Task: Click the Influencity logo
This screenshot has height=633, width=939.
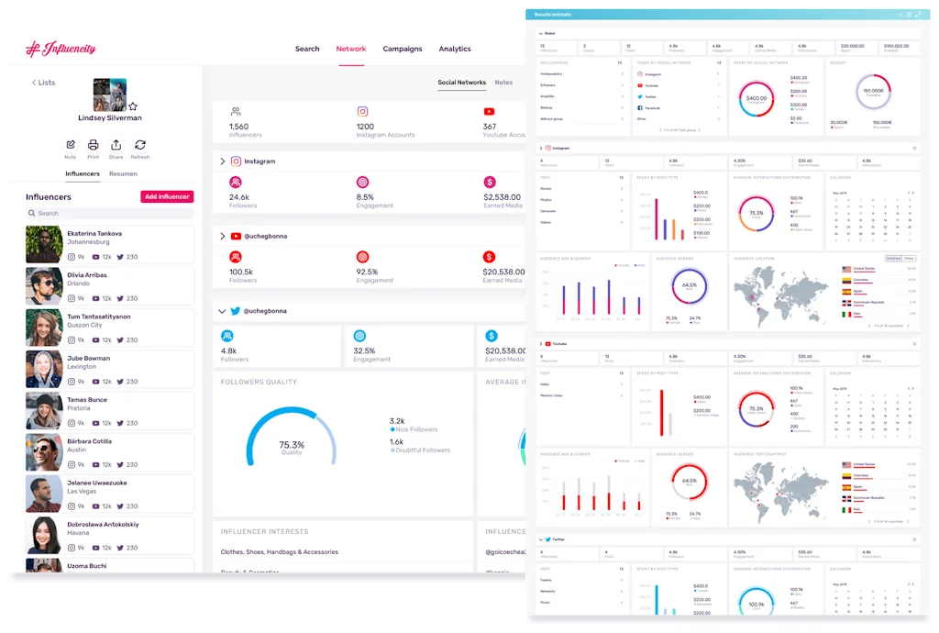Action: pyautogui.click(x=61, y=49)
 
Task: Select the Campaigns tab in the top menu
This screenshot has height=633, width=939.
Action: pyautogui.click(x=403, y=50)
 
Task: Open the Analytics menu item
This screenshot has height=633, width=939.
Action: pyautogui.click(x=455, y=50)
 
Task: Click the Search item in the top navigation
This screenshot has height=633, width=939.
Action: pyautogui.click(x=307, y=50)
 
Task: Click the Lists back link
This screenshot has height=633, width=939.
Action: pyautogui.click(x=43, y=83)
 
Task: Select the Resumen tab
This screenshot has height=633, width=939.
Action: pyautogui.click(x=123, y=173)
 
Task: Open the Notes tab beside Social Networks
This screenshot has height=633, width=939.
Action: pyautogui.click(x=503, y=83)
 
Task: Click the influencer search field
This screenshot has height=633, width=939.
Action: pyautogui.click(x=110, y=213)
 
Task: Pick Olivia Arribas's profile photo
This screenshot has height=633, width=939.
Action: pyautogui.click(x=44, y=285)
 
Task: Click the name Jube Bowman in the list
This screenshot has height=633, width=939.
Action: pyautogui.click(x=88, y=359)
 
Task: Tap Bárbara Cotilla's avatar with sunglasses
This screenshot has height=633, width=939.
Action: pyautogui.click(x=44, y=452)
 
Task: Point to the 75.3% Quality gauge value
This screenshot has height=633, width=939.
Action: pyautogui.click(x=292, y=446)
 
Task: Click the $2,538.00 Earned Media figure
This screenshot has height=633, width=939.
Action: pyautogui.click(x=502, y=197)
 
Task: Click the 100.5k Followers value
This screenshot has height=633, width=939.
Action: pyautogui.click(x=242, y=272)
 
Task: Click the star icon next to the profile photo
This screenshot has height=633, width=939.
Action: pyautogui.click(x=133, y=106)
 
